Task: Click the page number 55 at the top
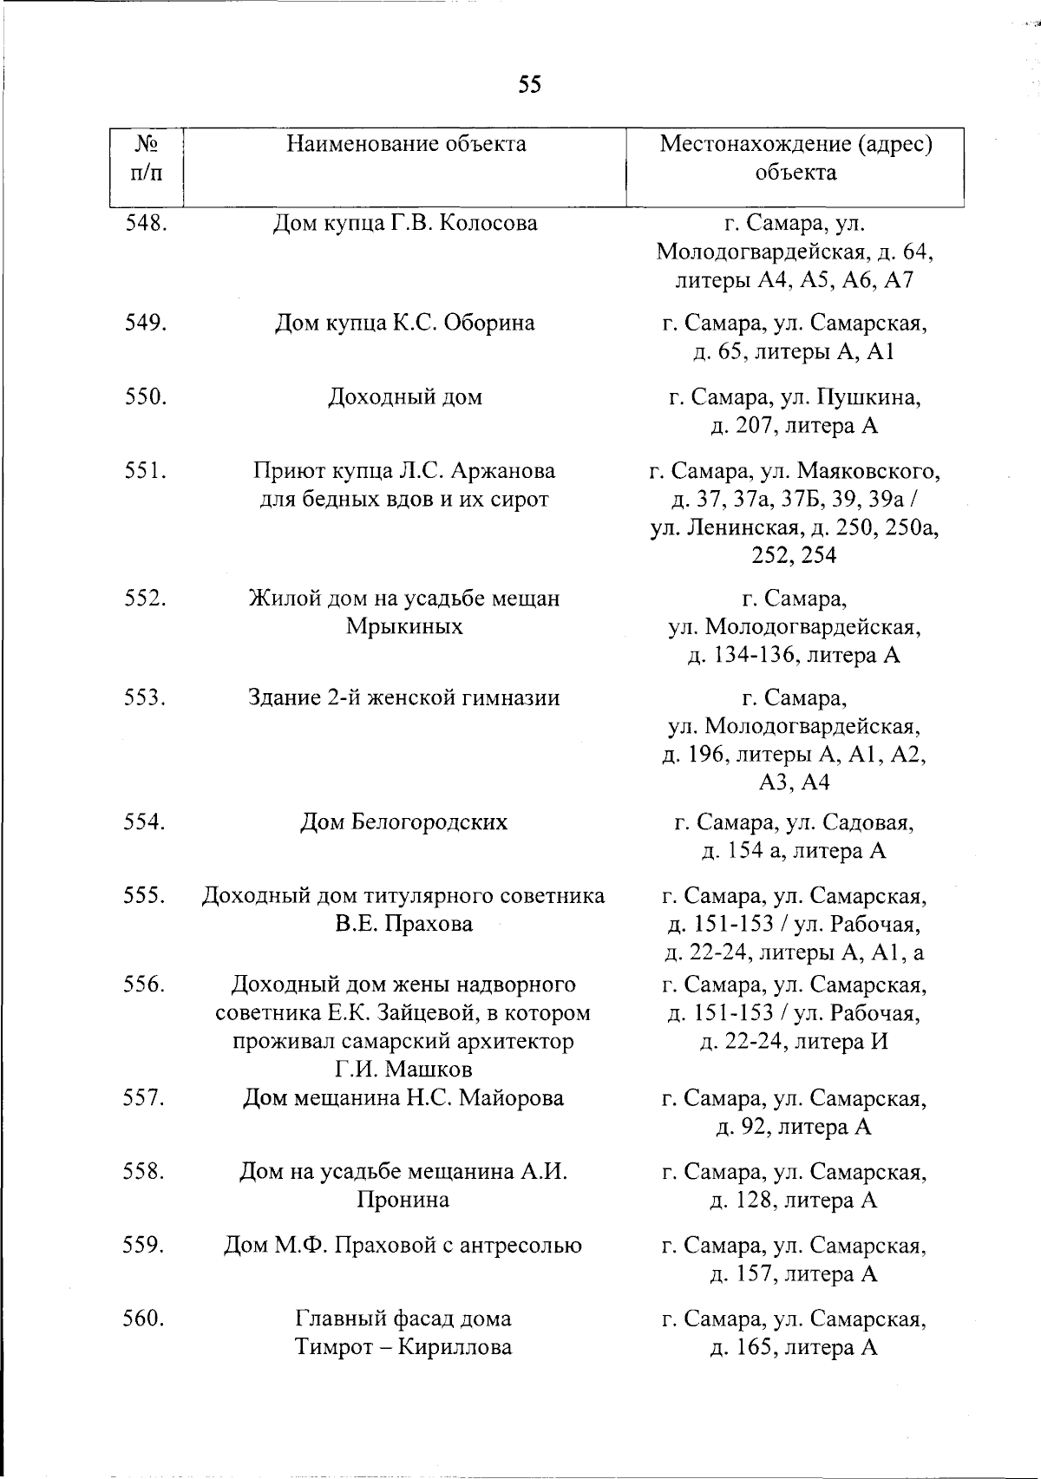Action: coord(530,84)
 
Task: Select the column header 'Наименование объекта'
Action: coord(406,144)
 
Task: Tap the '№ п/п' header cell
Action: coord(146,158)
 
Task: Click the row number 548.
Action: coord(146,224)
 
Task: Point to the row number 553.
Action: coord(146,698)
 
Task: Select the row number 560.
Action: coord(146,1319)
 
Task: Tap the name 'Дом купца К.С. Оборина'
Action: coord(404,324)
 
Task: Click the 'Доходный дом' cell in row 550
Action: coord(404,398)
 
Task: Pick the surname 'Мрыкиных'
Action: coord(404,626)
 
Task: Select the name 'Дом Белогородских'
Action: coord(404,822)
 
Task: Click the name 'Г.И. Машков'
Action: coord(404,1069)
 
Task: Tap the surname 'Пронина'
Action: coord(404,1201)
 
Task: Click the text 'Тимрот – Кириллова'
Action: coord(404,1348)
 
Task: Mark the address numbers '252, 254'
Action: coord(795,556)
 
